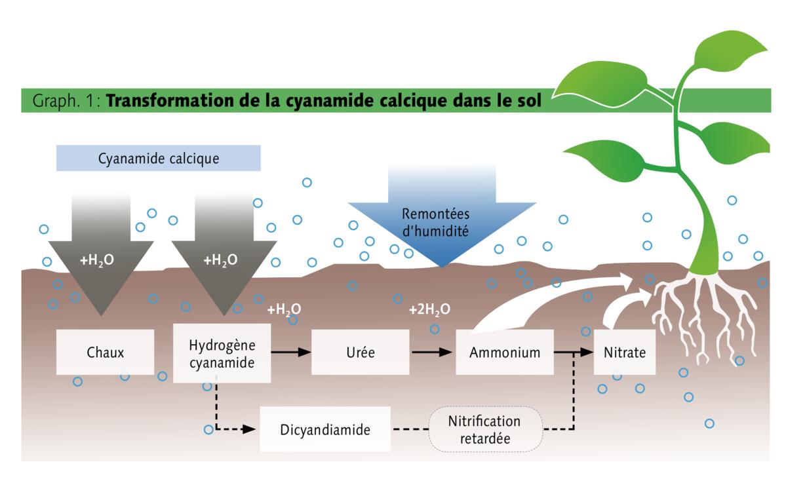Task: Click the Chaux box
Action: tap(105, 352)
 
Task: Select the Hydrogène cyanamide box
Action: tap(222, 353)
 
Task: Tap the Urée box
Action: tap(360, 352)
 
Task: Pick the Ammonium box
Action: tap(505, 352)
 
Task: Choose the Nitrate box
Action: tap(624, 352)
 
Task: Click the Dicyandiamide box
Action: tap(325, 430)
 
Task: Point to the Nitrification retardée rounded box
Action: tap(486, 429)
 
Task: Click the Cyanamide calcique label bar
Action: tap(158, 158)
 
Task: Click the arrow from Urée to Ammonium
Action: tap(432, 352)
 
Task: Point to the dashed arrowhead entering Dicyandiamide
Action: tap(249, 430)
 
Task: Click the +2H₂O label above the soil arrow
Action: tap(429, 309)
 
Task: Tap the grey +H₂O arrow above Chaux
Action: tap(101, 262)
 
